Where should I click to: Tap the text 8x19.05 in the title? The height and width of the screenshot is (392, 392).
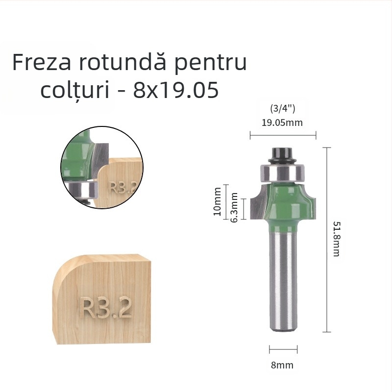pyautogui.click(x=175, y=91)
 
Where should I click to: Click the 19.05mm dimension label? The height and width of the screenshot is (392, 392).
pyautogui.click(x=282, y=122)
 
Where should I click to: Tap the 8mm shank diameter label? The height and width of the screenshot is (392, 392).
pyautogui.click(x=283, y=365)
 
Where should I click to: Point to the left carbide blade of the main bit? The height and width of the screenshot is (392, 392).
pyautogui.click(x=257, y=203)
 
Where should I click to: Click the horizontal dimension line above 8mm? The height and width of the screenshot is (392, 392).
pyautogui.click(x=283, y=350)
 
